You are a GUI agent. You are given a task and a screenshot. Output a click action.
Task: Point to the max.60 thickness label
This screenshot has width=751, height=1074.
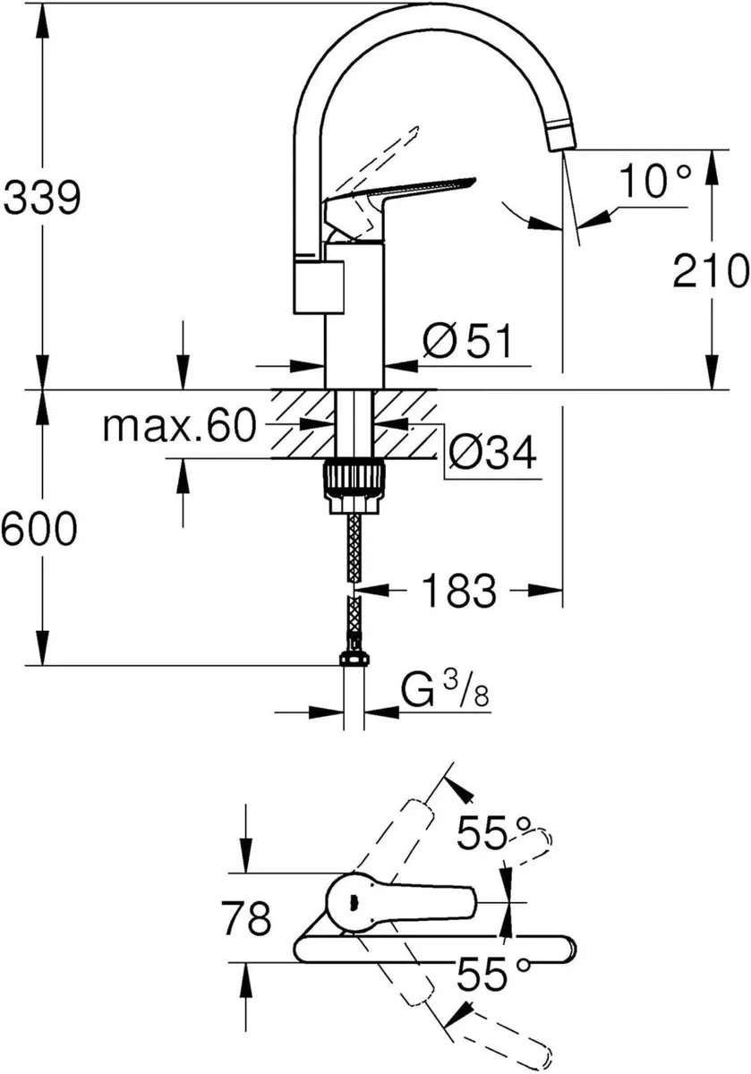click(x=179, y=427)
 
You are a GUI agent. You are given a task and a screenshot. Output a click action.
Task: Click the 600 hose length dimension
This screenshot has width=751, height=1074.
click(x=38, y=532)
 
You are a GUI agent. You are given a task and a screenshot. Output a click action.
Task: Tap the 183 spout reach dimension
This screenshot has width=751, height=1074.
click(x=458, y=591)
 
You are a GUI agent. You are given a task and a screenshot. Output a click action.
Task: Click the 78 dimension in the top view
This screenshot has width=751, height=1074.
click(x=244, y=917)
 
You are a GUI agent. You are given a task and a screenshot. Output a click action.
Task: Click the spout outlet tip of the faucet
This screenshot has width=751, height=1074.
click(x=561, y=139)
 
